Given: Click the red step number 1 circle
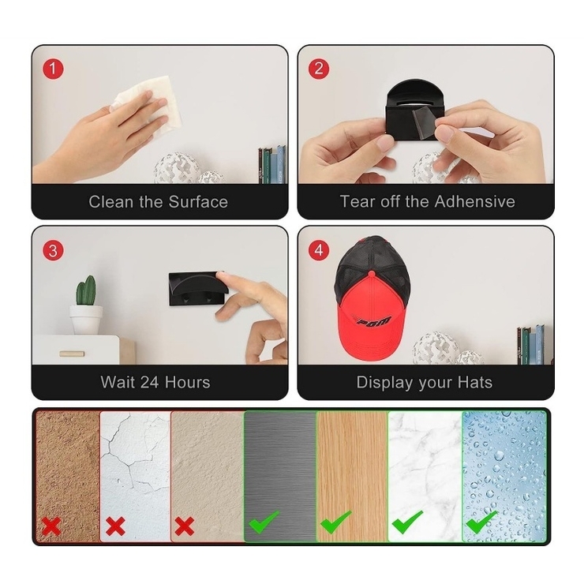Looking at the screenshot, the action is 53,69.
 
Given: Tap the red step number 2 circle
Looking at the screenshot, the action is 319,69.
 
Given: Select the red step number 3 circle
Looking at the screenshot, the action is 53,250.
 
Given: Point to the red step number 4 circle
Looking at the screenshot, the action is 319,250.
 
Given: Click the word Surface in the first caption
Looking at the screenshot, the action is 198,202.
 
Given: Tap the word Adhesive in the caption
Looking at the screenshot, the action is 475,201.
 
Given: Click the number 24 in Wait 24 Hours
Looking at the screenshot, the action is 150,383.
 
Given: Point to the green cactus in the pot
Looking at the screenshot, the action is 86,290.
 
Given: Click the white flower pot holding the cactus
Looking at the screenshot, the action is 86,319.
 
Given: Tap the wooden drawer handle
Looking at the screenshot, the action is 72,354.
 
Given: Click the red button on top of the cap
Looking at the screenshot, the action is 372,274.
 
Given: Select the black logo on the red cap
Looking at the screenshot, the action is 372,320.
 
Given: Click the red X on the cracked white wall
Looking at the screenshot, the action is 115,526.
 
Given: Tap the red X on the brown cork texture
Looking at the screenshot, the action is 51,526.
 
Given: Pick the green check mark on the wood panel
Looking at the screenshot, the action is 335,522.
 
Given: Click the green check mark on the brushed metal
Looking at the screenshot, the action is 264,522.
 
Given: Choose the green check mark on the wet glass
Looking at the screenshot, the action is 481,522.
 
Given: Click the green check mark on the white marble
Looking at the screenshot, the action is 407,522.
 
